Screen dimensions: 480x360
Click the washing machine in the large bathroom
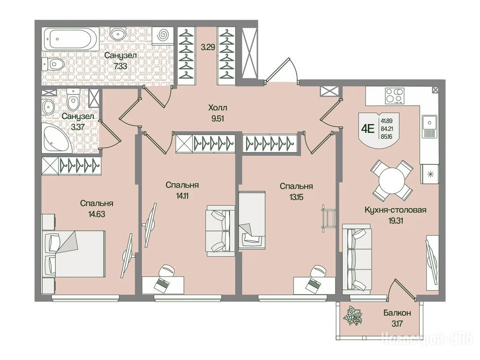click(x=163, y=35)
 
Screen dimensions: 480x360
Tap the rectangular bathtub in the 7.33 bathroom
click(x=70, y=39)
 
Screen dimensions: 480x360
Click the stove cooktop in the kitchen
click(x=394, y=96)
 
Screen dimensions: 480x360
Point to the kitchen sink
click(x=430, y=126)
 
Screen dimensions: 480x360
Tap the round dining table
click(x=392, y=180)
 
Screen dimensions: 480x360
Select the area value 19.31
click(x=395, y=221)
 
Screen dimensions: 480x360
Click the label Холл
click(x=217, y=108)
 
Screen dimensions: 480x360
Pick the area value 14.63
click(x=97, y=214)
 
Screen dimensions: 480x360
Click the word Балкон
click(x=397, y=313)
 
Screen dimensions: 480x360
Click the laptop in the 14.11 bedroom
click(x=161, y=285)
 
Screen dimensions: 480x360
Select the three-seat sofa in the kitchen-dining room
click(x=356, y=256)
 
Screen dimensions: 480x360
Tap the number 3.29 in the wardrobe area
click(x=208, y=47)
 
